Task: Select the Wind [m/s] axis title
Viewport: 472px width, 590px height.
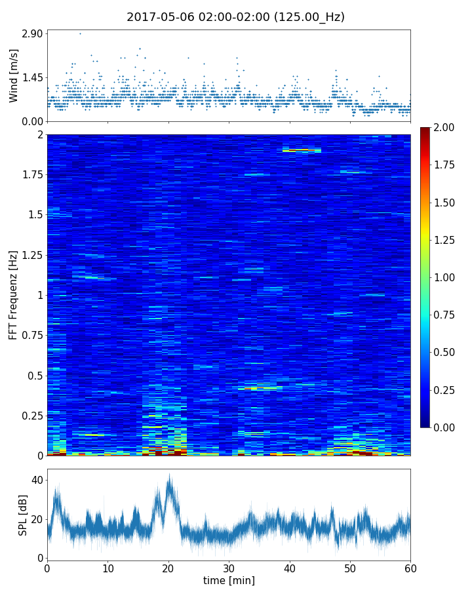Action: pos(14,75)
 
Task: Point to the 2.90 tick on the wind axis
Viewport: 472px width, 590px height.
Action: pos(31,33)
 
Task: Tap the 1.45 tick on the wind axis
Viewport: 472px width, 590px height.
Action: pos(31,77)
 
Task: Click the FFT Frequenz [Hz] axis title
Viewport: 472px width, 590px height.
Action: pos(14,294)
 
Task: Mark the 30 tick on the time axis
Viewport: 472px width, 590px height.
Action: pos(229,568)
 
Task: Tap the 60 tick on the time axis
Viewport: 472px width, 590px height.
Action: pos(410,568)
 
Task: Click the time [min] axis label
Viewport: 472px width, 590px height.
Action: pos(229,581)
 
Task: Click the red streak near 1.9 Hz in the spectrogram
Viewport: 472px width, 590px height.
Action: pos(302,150)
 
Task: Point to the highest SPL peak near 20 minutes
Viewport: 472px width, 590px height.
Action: pos(169,475)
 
